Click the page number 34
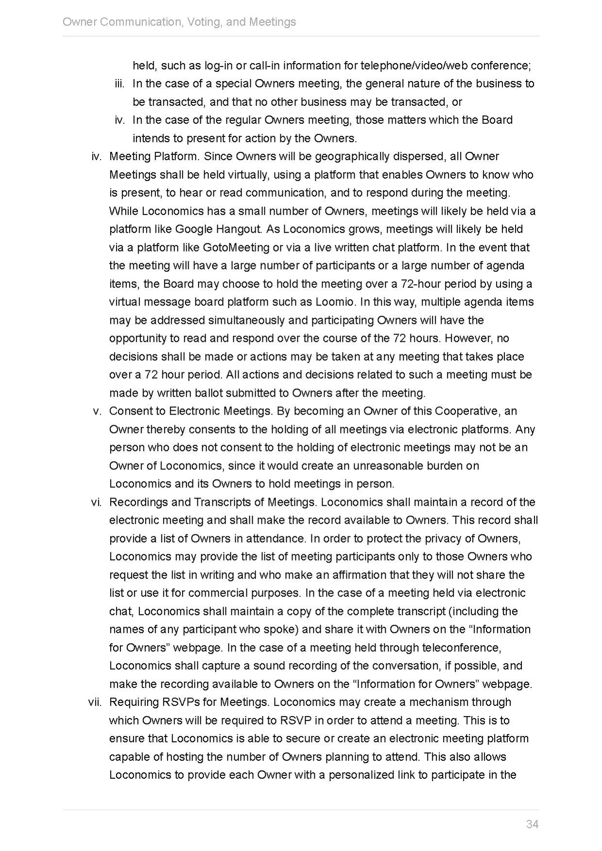click(x=532, y=824)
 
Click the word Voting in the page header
click(x=203, y=22)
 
